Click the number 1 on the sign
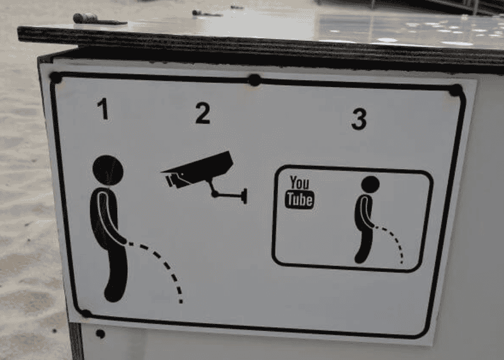click(x=103, y=108)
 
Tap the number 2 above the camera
click(x=203, y=113)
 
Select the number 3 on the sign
click(x=358, y=119)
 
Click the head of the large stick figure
click(x=108, y=170)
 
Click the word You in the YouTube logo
click(x=299, y=183)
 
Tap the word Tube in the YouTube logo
click(x=300, y=200)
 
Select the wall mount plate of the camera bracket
click(x=245, y=196)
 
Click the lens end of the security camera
click(x=170, y=181)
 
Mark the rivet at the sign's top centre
click(x=255, y=80)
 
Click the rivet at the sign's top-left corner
click(x=55, y=78)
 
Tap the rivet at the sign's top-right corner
click(x=455, y=90)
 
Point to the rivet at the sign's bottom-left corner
click(x=86, y=313)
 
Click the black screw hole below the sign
click(x=101, y=334)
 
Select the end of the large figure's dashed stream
click(x=181, y=301)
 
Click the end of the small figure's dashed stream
click(x=402, y=262)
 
